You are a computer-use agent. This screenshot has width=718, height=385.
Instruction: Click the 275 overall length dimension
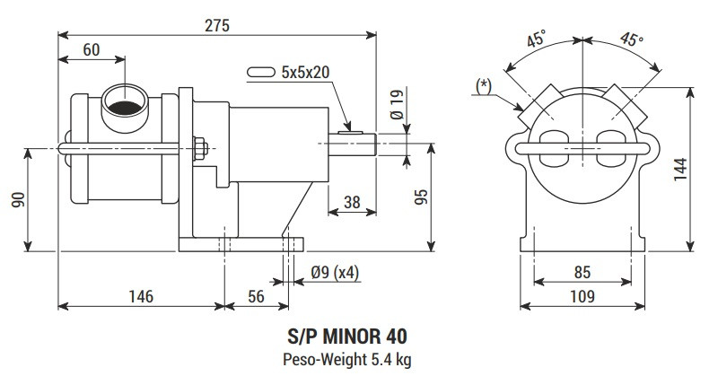(x=216, y=26)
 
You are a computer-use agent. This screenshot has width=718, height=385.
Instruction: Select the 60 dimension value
(x=91, y=50)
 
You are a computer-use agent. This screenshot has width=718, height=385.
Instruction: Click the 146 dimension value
(x=141, y=295)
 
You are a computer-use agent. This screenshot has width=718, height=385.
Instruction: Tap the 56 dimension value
(x=256, y=295)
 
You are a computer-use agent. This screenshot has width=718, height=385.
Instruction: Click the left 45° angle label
(x=538, y=41)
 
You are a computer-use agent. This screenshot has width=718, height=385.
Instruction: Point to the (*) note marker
(x=484, y=84)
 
